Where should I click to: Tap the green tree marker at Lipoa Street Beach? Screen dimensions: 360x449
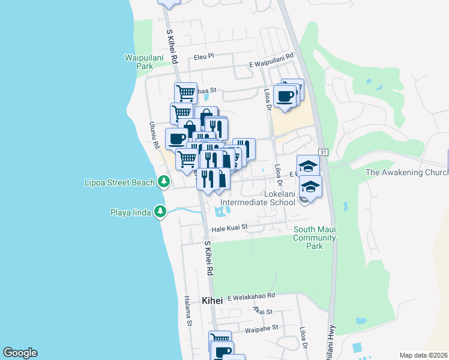click(x=163, y=181)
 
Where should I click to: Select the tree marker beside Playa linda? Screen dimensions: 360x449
click(x=160, y=211)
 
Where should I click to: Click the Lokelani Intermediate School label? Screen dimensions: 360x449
click(x=258, y=198)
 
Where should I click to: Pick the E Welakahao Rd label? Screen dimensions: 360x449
click(x=251, y=296)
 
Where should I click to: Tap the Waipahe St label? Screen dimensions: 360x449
click(x=262, y=328)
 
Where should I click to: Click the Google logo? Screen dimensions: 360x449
click(x=20, y=353)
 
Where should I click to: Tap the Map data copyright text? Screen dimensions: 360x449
click(x=423, y=355)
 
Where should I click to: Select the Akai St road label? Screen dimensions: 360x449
click(x=262, y=311)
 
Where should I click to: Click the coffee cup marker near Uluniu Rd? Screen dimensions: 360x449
click(x=176, y=139)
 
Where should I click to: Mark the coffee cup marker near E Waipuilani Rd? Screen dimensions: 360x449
click(x=286, y=96)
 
